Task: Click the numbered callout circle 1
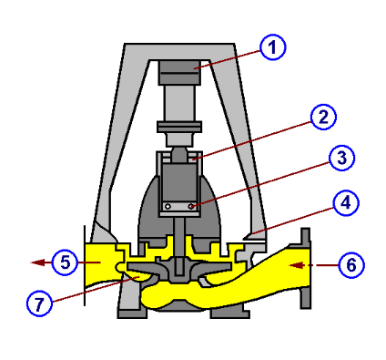click(270, 47)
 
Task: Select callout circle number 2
click(323, 117)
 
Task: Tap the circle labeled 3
click(339, 158)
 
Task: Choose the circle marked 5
click(63, 262)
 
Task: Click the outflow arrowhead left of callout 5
click(35, 262)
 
